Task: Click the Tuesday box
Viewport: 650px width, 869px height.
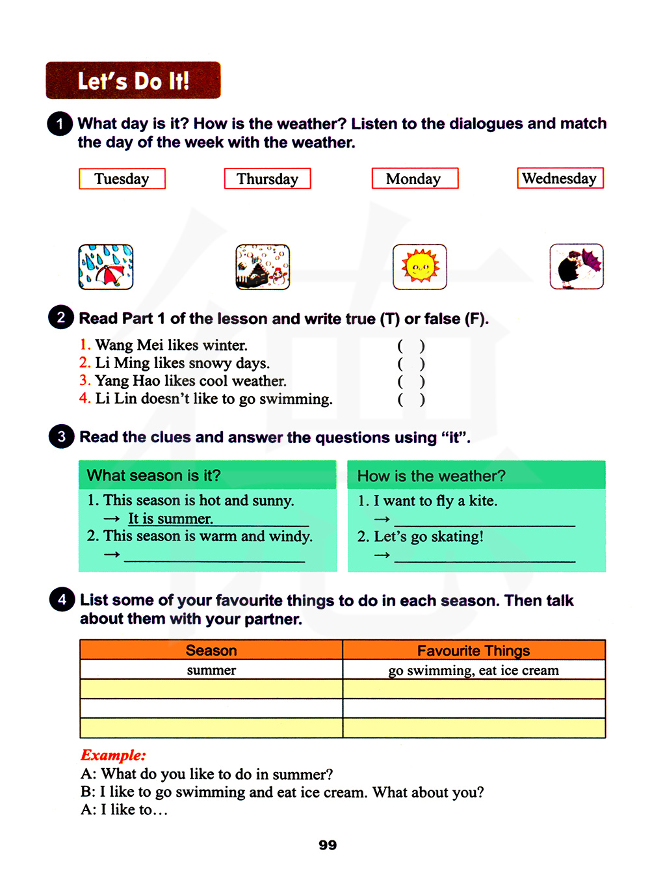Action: tap(122, 179)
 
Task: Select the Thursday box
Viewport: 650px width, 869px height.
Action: tap(267, 179)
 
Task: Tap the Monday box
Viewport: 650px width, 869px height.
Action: tap(415, 178)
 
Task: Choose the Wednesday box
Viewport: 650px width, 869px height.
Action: tap(560, 178)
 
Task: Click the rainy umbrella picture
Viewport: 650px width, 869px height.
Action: tap(106, 267)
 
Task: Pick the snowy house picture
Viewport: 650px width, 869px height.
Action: tap(263, 267)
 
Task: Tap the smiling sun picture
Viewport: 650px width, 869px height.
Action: tap(420, 267)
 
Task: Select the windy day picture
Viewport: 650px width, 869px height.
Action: tap(577, 266)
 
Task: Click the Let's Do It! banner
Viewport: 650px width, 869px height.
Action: tap(133, 81)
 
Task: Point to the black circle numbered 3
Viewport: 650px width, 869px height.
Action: tap(61, 436)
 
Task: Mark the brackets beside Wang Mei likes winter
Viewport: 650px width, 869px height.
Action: tap(411, 346)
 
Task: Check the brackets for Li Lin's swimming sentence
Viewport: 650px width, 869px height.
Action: tap(411, 399)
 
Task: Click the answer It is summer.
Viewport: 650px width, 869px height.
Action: tap(170, 518)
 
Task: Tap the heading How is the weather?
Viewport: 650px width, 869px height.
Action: tap(431, 476)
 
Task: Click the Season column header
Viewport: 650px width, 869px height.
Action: tap(211, 650)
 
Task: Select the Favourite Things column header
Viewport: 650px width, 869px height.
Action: tap(474, 650)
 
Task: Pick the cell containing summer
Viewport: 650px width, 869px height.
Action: tap(211, 670)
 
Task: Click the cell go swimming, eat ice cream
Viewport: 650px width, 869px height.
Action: tap(474, 670)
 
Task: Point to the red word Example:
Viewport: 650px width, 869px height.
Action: tap(113, 755)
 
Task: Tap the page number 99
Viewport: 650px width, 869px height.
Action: tap(328, 845)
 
